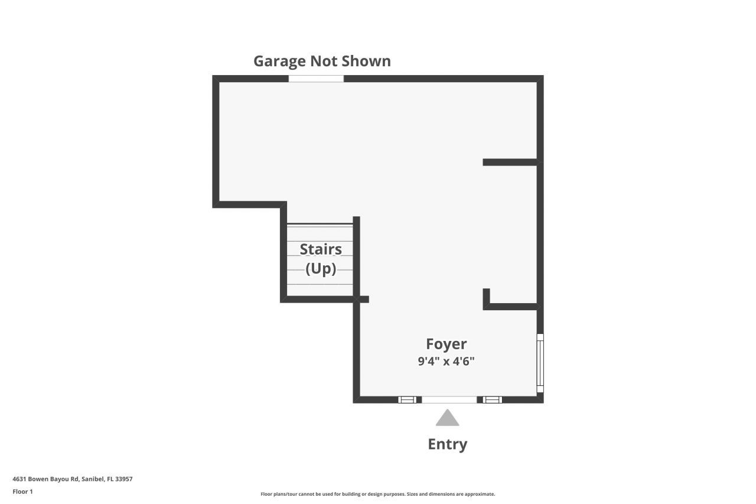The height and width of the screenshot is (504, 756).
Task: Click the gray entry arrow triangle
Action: tap(447, 418)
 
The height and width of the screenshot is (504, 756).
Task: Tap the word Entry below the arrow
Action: tap(447, 444)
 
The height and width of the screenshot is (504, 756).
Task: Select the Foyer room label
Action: tap(447, 344)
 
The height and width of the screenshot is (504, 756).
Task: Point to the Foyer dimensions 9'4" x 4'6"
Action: tap(447, 362)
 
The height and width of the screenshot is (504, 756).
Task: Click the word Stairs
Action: tap(321, 249)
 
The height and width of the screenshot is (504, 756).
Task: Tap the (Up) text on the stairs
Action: tap(321, 269)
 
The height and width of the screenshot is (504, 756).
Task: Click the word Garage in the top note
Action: tap(279, 61)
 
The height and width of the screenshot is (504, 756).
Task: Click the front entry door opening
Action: tap(449, 400)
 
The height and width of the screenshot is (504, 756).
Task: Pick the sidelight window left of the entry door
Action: tap(407, 400)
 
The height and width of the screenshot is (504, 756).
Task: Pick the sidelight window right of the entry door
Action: tap(493, 400)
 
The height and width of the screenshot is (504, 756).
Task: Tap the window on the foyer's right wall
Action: tap(540, 363)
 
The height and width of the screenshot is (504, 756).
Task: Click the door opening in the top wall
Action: tap(316, 79)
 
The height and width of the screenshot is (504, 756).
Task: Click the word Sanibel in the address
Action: tap(93, 479)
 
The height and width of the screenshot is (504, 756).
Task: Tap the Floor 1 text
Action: tap(22, 492)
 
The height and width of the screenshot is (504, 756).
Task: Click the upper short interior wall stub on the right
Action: tap(510, 162)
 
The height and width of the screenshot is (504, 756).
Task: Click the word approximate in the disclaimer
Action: tap(480, 494)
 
